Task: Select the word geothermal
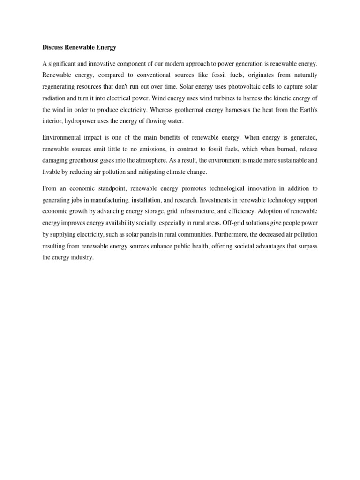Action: tap(202, 112)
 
